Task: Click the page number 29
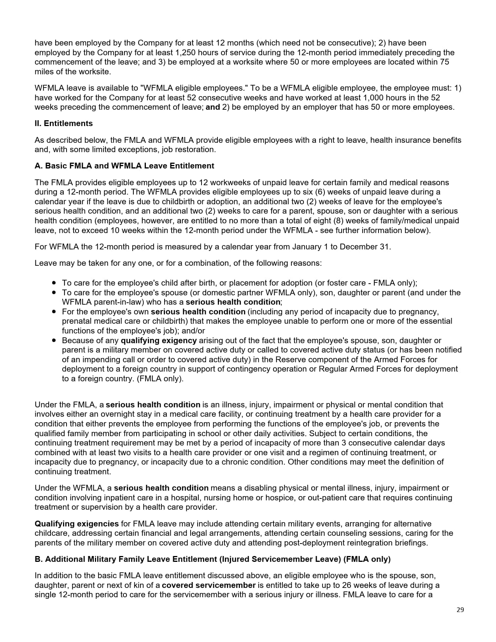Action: tap(460, 610)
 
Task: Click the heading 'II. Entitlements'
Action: tap(63, 123)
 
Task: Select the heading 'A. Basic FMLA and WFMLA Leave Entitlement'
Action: tap(124, 166)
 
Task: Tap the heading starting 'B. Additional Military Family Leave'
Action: tap(212, 559)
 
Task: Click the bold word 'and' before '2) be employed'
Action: tap(212, 107)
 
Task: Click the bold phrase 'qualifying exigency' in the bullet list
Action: tap(159, 340)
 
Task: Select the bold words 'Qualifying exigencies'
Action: tap(77, 524)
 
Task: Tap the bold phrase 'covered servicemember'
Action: tap(209, 585)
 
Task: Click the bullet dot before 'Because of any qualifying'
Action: tap(54, 340)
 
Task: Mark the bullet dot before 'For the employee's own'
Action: tap(54, 312)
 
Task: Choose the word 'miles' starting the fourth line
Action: tap(44, 72)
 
